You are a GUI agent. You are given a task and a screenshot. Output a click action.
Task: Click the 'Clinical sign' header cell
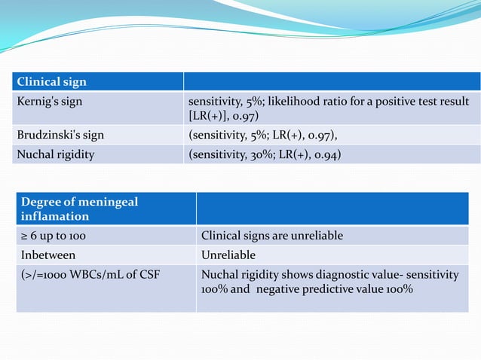(52, 82)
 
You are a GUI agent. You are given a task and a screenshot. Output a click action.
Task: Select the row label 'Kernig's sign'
(51, 101)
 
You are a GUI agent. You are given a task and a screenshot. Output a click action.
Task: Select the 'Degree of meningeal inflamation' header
(79, 209)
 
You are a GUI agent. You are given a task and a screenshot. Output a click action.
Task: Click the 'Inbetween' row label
(47, 255)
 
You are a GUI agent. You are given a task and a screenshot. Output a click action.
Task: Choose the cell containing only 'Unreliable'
(228, 255)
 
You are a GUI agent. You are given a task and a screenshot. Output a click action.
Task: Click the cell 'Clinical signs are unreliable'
(271, 236)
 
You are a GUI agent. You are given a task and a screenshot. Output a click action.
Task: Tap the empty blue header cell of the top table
(332, 82)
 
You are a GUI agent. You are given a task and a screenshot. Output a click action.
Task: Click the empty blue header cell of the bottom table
(332, 209)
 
